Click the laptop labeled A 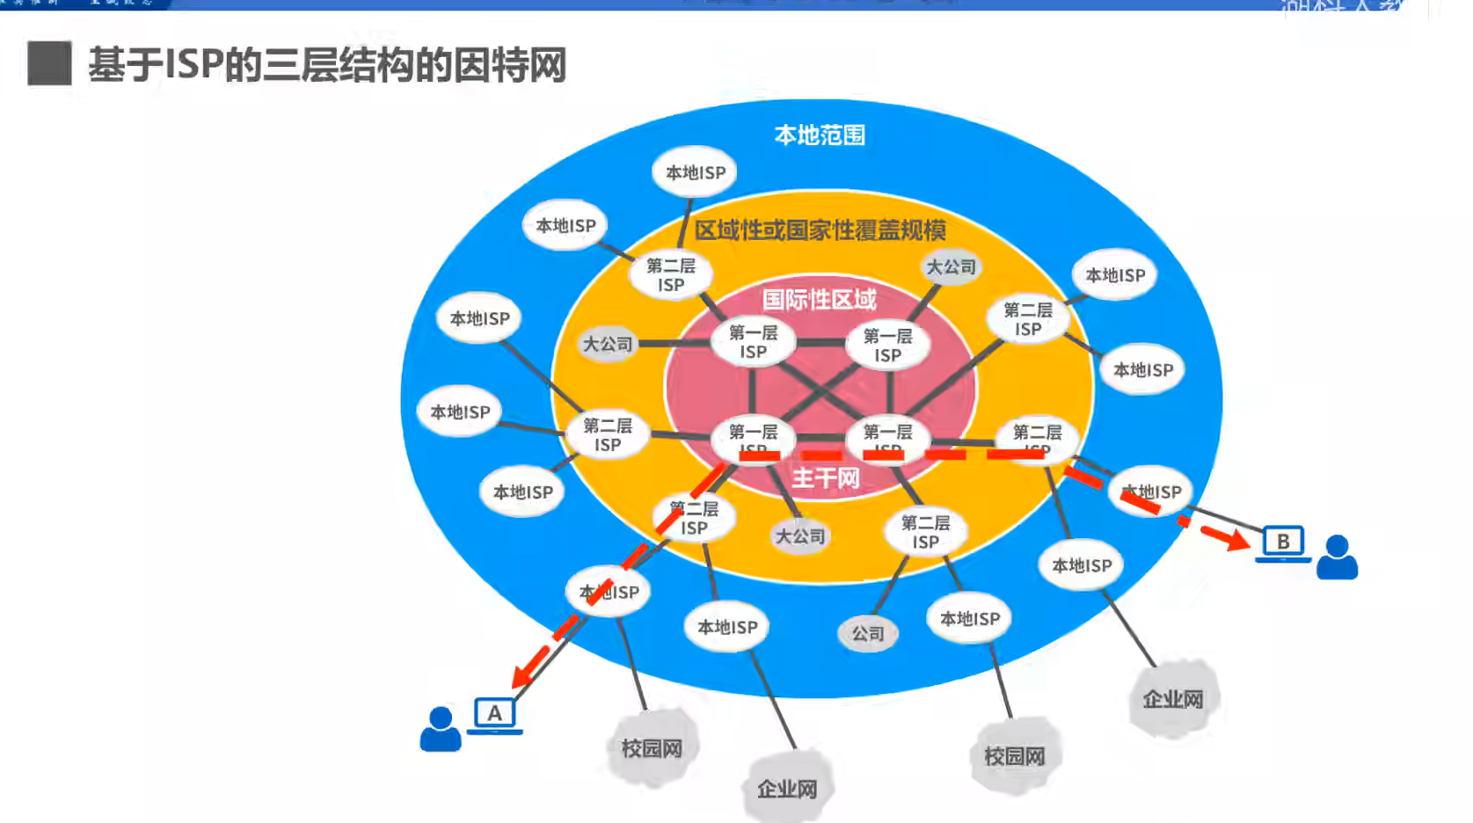[494, 714]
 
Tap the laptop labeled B [1282, 543]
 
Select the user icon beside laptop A [441, 729]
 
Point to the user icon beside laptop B [1337, 557]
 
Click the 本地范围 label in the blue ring [820, 135]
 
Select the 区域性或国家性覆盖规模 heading [820, 230]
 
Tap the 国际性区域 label [819, 300]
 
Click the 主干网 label [825, 478]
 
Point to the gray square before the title [49, 63]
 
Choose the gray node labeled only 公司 [867, 633]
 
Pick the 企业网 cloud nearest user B [1173, 699]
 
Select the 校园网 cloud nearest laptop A [652, 748]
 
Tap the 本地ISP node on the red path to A [609, 593]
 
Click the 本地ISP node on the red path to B [1151, 492]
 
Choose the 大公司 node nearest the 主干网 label [799, 535]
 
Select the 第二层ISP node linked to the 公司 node [925, 532]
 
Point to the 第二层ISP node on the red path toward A [694, 518]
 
